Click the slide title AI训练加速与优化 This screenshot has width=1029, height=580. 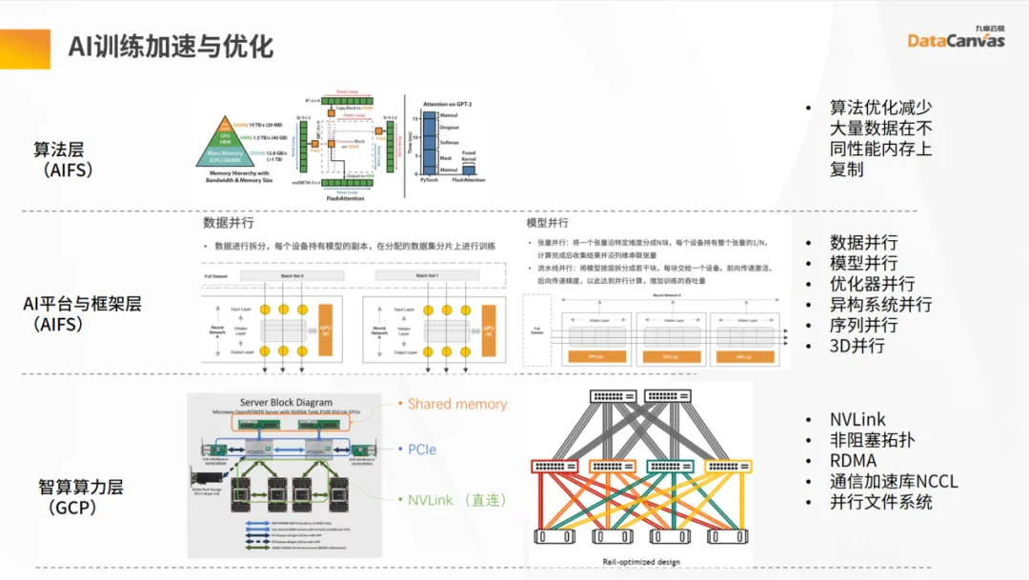click(x=171, y=45)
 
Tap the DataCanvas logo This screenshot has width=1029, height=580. click(x=956, y=39)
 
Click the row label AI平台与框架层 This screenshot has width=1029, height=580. click(x=82, y=304)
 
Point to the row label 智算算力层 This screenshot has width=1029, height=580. click(x=81, y=487)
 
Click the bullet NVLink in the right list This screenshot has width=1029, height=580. click(x=857, y=419)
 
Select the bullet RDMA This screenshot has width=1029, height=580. click(x=853, y=460)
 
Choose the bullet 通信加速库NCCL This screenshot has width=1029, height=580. click(x=893, y=481)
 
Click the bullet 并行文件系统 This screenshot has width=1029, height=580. click(x=881, y=502)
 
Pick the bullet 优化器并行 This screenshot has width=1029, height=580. click(x=872, y=284)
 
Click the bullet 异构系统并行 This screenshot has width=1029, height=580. click(x=881, y=305)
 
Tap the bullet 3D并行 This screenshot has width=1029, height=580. click(x=857, y=346)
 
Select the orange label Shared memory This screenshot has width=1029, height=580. click(x=457, y=404)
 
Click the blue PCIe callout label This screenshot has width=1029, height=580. click(x=422, y=449)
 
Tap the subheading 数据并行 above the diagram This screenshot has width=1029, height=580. click(x=229, y=223)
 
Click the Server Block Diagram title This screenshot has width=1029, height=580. click(x=285, y=402)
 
